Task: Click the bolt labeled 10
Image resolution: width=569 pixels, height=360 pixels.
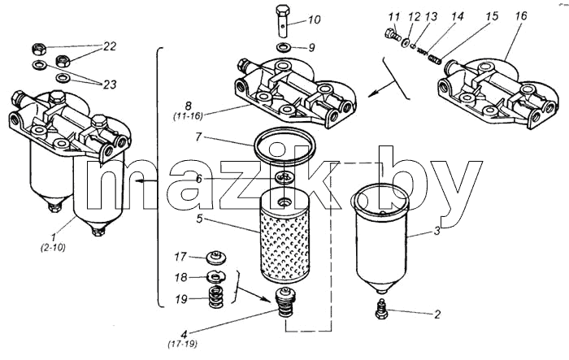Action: pos(283,20)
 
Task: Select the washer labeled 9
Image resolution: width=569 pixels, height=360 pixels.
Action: pos(284,47)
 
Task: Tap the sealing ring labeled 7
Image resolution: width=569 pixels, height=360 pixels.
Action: pos(284,145)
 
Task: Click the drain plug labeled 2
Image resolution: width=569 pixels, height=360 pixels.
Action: pos(380,309)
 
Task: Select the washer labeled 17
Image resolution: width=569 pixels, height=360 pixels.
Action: pos(216,258)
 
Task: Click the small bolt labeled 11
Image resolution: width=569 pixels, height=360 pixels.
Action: pos(393,34)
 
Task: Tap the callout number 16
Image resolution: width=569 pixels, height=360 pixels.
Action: pos(520,15)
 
